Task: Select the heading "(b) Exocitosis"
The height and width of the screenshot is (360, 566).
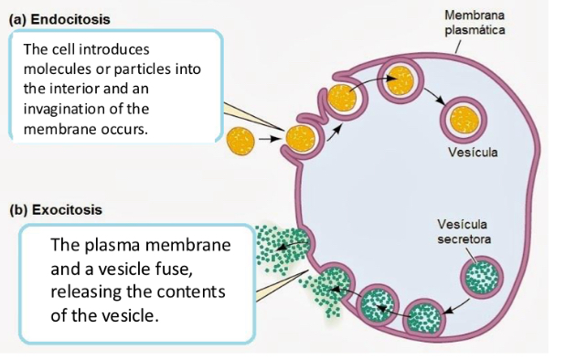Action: coord(55,209)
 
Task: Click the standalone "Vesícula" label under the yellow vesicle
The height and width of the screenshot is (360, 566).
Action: coord(473,152)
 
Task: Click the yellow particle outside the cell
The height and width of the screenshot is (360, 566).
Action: coord(241,140)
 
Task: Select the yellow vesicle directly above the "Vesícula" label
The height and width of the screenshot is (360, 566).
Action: coord(465,118)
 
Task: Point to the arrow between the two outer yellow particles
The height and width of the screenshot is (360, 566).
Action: coord(268,140)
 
